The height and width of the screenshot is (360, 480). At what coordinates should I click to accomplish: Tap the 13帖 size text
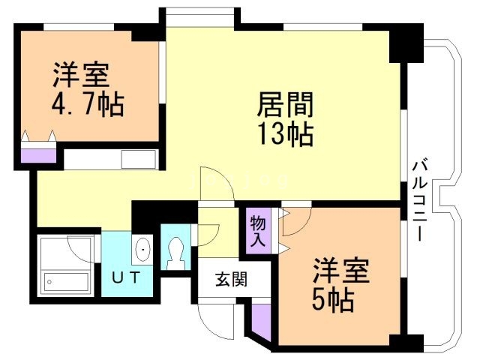(x=286, y=134)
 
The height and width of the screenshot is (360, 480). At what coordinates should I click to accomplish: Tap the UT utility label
(x=125, y=277)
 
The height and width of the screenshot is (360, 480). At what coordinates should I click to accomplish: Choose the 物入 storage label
(x=257, y=232)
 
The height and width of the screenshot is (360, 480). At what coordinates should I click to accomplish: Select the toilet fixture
(x=177, y=253)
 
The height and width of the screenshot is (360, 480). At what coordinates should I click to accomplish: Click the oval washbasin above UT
(x=143, y=249)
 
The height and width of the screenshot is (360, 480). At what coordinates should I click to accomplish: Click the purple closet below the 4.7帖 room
(x=38, y=156)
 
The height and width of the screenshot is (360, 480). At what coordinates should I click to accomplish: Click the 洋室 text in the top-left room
(x=82, y=76)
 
